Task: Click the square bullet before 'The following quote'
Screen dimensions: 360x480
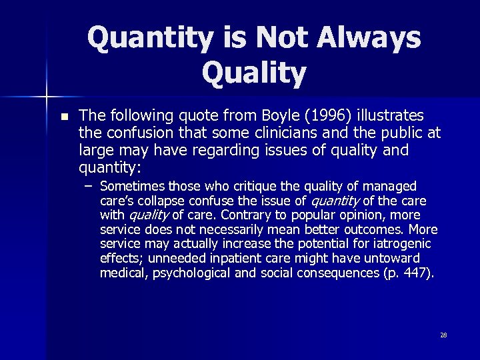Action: [x=63, y=117]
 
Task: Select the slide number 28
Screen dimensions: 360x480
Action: [x=443, y=335]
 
